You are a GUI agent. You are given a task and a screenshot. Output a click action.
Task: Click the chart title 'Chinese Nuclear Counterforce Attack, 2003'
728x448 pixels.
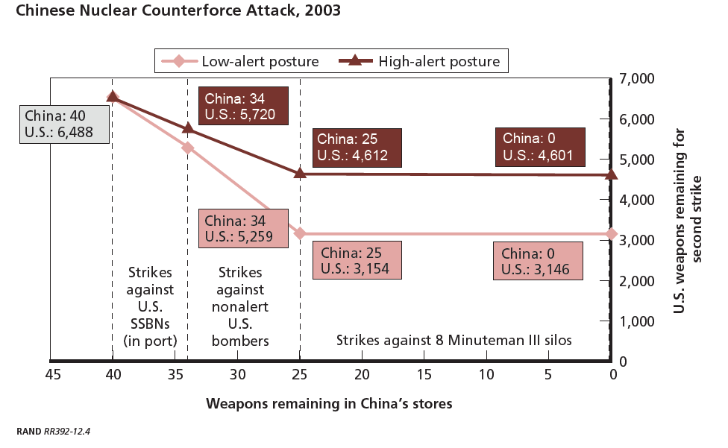pos(178,10)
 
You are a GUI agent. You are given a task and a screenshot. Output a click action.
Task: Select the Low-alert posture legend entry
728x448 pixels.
pos(240,61)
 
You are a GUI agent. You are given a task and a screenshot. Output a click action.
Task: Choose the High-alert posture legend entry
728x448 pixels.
pos(419,61)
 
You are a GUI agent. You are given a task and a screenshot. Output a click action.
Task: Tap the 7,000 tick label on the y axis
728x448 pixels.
pos(637,78)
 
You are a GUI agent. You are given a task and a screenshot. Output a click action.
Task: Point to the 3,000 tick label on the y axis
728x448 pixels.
pos(637,240)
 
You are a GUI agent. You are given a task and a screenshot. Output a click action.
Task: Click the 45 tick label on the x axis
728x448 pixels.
pos(53,374)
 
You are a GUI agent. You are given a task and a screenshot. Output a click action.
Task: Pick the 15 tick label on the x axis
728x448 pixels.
pos(424,374)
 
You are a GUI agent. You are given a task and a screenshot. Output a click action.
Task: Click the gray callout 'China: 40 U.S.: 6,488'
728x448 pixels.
pos(65,124)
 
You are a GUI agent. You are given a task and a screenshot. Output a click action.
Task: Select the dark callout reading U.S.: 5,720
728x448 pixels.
pos(243,106)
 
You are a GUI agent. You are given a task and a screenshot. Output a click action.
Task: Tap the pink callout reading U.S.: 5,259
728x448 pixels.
pos(243,228)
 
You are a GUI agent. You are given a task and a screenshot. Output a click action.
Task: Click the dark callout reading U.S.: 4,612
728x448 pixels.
pos(357,148)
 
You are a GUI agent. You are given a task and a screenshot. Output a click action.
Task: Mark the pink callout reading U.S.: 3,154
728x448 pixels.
pos(357,260)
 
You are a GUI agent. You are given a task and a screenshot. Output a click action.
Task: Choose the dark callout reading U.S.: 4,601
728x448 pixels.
pos(540,147)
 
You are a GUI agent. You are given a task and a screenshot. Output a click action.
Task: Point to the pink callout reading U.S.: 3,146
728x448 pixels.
pos(538,261)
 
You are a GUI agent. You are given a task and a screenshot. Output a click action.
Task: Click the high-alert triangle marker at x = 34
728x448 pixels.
pos(187,127)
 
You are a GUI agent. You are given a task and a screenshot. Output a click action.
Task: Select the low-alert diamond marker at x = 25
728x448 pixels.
pos(300,233)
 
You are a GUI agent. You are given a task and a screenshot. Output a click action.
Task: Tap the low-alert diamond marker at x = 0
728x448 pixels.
pos(612,234)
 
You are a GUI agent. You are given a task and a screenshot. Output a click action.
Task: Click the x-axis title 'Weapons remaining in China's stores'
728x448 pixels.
pos(329,403)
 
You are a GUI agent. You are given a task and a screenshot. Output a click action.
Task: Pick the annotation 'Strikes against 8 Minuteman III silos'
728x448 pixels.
pos(454,341)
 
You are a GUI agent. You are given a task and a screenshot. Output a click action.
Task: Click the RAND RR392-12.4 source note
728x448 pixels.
pos(54,432)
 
